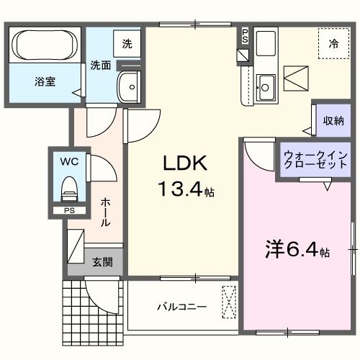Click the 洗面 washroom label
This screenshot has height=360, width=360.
(x=101, y=65)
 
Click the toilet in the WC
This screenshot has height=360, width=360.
(x=69, y=189)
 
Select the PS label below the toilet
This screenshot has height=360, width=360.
(x=68, y=211)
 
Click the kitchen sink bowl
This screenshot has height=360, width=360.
(x=264, y=87)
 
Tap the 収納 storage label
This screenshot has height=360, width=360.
(x=333, y=120)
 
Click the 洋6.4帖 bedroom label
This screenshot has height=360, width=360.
(x=294, y=250)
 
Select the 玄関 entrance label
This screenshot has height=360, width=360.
(x=102, y=262)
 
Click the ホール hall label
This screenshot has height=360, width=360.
(x=105, y=213)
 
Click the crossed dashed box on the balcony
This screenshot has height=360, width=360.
(x=229, y=302)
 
